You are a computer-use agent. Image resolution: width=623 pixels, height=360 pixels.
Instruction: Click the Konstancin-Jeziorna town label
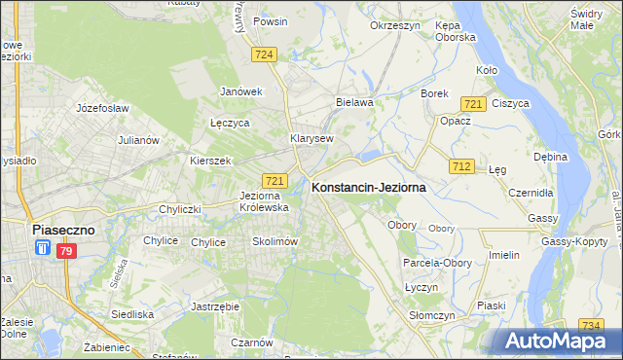tap(368, 189)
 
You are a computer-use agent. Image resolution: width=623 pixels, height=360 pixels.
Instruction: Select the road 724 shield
tap(264, 54)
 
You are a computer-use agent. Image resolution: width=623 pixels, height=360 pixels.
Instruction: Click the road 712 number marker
tap(461, 167)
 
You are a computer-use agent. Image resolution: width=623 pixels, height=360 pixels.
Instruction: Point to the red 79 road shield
tap(65, 251)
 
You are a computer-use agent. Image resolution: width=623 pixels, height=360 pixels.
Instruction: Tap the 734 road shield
tap(590, 325)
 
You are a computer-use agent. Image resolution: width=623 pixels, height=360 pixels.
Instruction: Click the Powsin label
tap(269, 20)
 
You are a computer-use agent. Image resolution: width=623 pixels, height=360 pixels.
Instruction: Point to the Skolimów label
tap(274, 241)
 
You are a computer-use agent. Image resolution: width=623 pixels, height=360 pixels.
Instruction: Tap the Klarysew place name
tap(311, 138)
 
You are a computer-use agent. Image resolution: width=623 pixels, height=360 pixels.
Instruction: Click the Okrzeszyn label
tap(393, 25)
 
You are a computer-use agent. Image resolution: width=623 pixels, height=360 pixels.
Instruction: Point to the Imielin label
tap(503, 255)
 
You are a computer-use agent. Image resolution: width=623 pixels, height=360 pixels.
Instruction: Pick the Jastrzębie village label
tap(216, 306)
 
